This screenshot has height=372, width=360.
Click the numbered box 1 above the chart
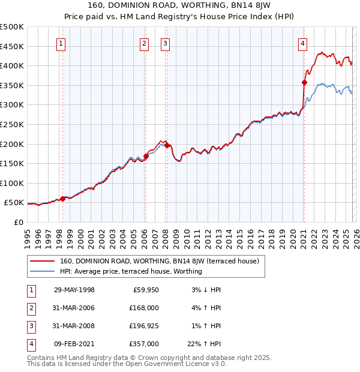point(62,43)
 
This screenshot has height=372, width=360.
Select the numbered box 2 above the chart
point(145,43)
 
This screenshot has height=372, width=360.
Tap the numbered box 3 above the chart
point(165,43)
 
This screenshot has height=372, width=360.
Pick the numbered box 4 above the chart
point(303,43)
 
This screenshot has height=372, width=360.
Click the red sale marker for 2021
point(304,83)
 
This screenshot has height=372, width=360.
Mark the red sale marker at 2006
point(146,156)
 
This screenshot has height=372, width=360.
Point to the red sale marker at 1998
point(63,198)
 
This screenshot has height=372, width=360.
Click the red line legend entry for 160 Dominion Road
point(159,261)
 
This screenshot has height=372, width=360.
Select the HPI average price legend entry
point(131,271)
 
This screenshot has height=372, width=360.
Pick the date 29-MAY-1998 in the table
point(74,290)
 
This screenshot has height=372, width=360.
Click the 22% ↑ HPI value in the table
point(205,344)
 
